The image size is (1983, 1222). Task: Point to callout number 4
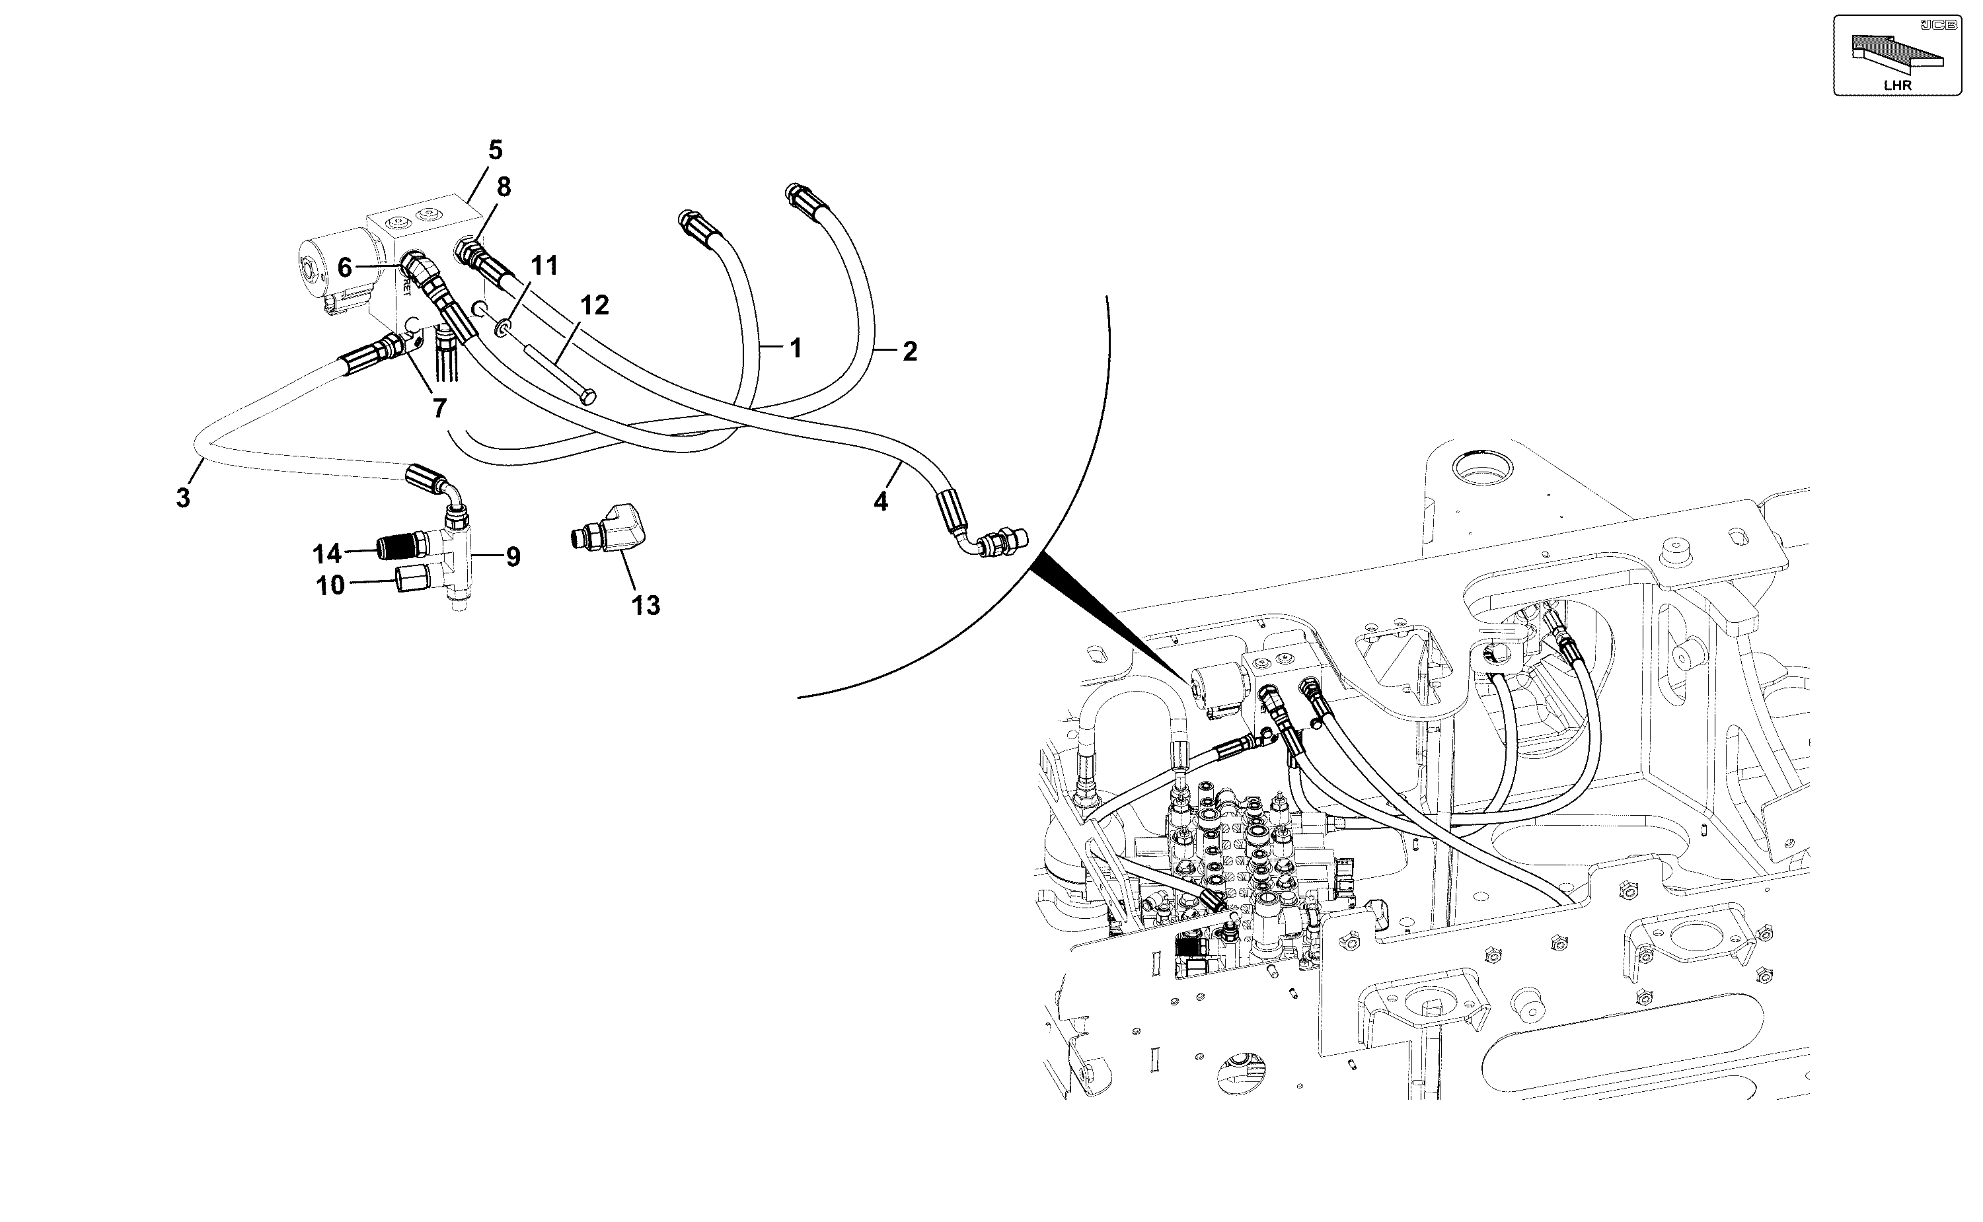click(x=880, y=502)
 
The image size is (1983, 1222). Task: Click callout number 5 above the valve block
click(x=496, y=151)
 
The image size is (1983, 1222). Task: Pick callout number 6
click(x=345, y=268)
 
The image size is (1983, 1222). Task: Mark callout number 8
click(x=504, y=188)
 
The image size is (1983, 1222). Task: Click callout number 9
click(x=513, y=557)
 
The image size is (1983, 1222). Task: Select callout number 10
click(x=330, y=585)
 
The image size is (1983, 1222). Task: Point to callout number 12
click(x=594, y=305)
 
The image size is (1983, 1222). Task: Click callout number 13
click(x=646, y=605)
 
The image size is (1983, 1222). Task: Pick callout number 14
click(x=327, y=554)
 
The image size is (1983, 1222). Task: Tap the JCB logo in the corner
click(x=1940, y=25)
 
